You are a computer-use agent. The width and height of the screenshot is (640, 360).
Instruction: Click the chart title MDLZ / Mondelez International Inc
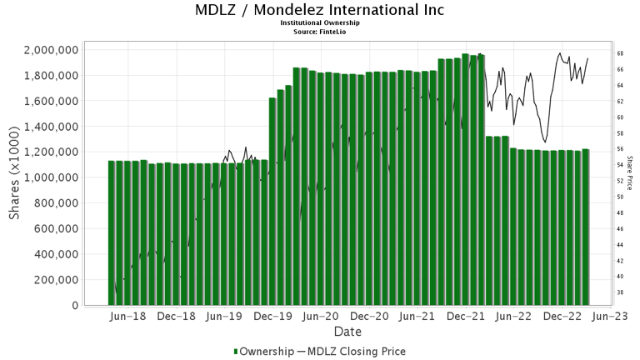point(319,11)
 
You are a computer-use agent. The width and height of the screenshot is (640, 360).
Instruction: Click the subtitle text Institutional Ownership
point(319,23)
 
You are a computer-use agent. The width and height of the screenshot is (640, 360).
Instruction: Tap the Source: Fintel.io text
point(319,31)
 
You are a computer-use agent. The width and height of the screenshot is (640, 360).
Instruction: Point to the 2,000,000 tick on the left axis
point(52,50)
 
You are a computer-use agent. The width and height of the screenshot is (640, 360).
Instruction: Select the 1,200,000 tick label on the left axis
point(52,152)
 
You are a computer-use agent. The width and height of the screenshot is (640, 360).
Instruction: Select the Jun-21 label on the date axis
point(417,317)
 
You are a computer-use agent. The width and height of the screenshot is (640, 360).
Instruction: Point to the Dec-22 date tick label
point(562,317)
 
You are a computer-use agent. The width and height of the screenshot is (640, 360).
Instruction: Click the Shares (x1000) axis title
point(16,177)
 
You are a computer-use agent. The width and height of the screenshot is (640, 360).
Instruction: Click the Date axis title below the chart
point(347,332)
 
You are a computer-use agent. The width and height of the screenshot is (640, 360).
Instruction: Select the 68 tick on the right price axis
point(621,53)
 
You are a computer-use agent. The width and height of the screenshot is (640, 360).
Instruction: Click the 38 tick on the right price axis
point(621,292)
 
